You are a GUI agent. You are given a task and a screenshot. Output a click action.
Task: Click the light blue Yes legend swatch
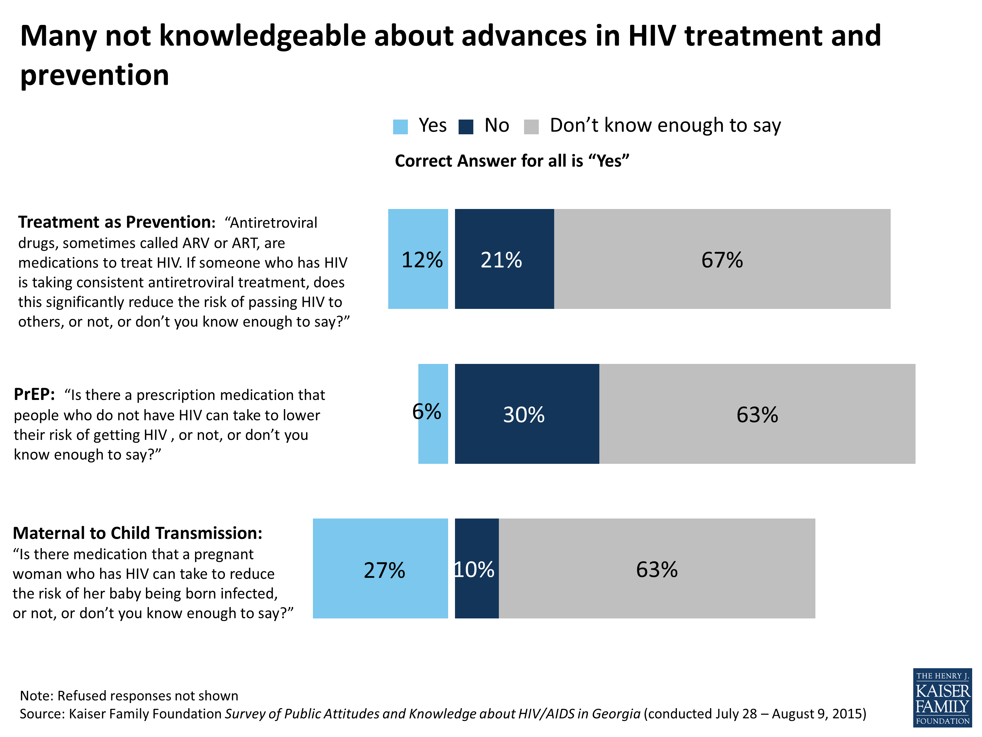tap(400, 127)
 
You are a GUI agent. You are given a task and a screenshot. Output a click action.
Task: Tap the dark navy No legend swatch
tap(466, 127)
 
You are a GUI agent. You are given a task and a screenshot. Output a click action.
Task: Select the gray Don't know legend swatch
tap(531, 127)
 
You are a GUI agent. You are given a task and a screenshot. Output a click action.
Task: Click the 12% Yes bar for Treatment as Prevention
tap(418, 259)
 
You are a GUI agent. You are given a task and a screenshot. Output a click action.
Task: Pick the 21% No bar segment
tap(504, 259)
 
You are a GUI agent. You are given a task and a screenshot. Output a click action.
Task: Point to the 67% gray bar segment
tap(722, 259)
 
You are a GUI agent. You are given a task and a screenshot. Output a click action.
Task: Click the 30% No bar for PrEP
tap(527, 414)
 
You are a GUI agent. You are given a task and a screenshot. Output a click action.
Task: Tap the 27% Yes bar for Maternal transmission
tap(380, 568)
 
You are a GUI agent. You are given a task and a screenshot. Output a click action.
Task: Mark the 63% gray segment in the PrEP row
tap(757, 414)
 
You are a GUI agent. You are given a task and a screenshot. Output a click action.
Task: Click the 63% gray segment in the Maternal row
tap(657, 568)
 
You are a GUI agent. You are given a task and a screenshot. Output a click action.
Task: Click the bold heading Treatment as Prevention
tap(116, 222)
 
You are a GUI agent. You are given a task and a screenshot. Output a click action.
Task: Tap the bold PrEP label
tap(34, 394)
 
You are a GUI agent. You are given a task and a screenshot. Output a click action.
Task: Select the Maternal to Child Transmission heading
tap(137, 533)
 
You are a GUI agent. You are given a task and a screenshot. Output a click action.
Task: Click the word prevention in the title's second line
tap(95, 75)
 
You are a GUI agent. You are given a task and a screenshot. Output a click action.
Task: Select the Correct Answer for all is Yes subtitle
tap(512, 161)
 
